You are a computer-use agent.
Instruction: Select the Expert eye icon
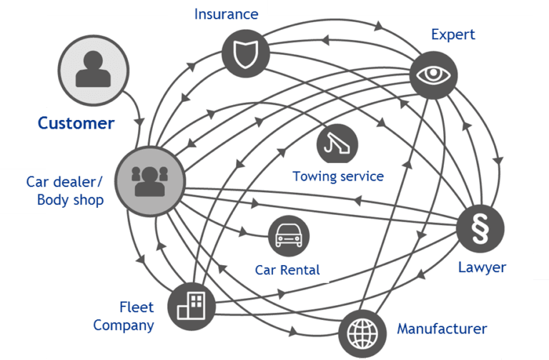click(433, 73)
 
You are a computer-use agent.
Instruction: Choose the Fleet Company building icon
click(191, 306)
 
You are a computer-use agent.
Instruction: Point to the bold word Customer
click(76, 123)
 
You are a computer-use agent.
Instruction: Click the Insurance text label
click(226, 14)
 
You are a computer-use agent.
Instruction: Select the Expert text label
click(453, 34)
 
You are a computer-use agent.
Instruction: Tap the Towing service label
click(338, 176)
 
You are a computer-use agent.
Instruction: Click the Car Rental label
click(287, 270)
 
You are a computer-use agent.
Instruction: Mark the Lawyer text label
click(482, 268)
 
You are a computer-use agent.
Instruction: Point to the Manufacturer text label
click(442, 329)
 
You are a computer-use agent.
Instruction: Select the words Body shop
click(70, 199)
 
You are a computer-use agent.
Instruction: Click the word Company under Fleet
click(124, 326)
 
